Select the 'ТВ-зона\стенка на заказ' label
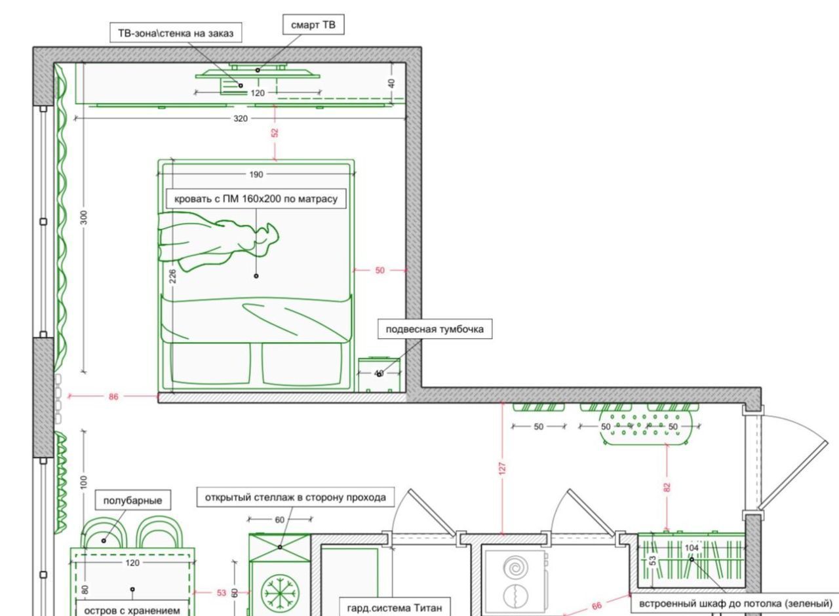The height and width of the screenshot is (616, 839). [175, 33]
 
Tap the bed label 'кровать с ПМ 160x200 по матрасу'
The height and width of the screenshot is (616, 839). [256, 198]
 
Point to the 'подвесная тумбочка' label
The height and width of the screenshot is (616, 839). [435, 329]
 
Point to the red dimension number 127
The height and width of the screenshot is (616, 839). [502, 467]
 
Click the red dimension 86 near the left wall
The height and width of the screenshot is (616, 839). [114, 396]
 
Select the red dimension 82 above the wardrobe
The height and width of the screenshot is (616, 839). [667, 487]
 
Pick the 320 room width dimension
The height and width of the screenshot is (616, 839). [241, 119]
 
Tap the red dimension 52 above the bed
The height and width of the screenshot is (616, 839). [275, 132]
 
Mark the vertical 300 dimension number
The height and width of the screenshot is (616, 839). [84, 218]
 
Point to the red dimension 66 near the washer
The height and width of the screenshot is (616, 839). [596, 606]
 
